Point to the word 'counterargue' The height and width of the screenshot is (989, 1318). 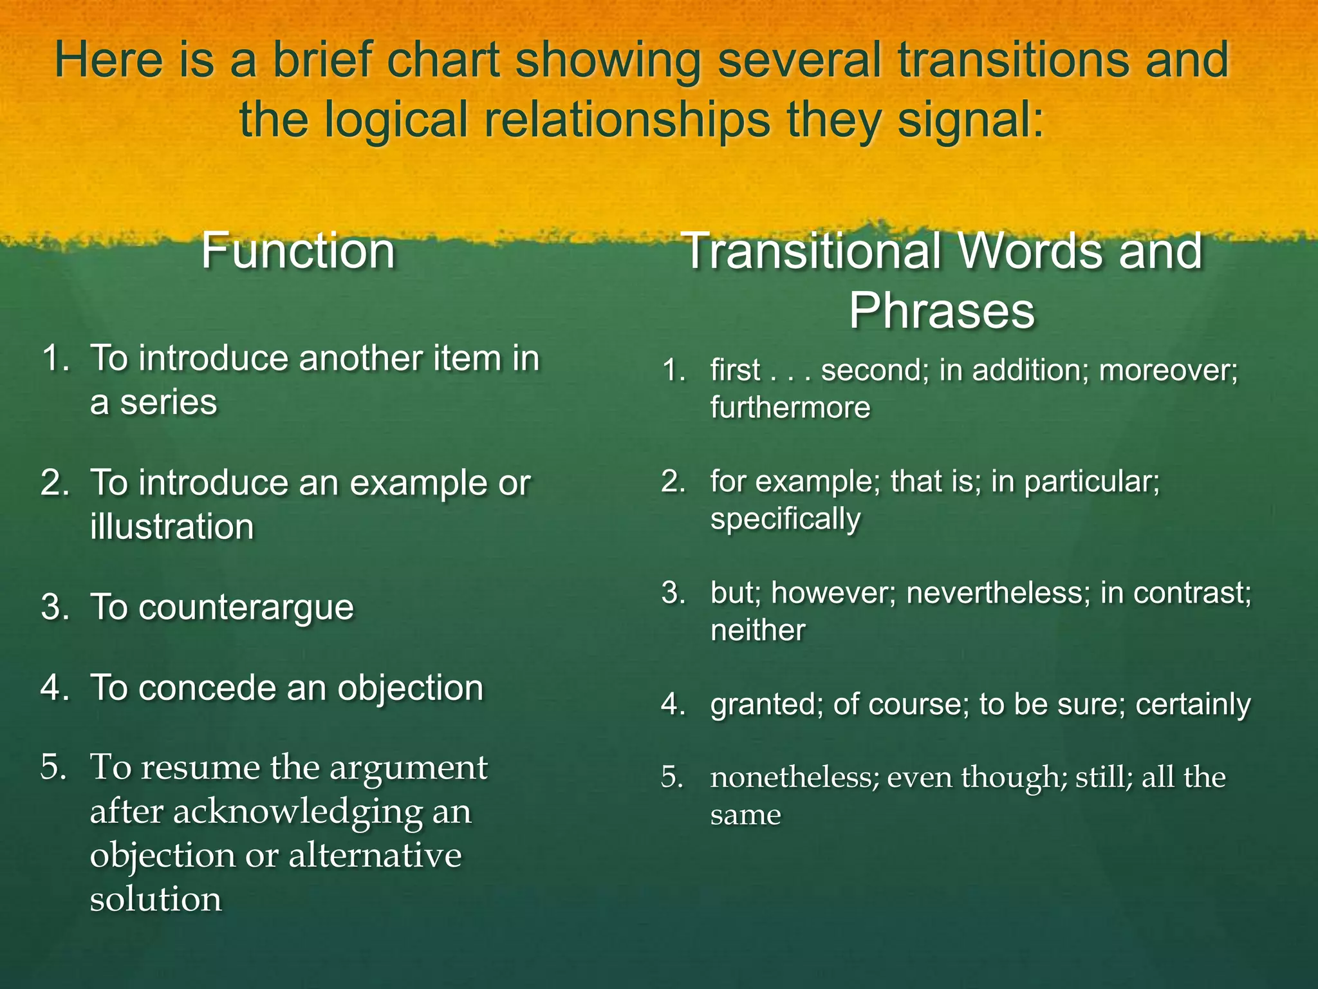246,607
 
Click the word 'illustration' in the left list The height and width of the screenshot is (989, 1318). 172,527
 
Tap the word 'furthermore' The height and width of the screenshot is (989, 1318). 790,408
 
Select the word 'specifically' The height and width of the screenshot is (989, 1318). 785,519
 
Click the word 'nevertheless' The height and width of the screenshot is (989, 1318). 995,593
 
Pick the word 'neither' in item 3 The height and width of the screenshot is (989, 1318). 757,630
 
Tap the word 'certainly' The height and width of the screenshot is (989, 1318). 1193,704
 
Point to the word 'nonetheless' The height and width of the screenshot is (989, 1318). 794,778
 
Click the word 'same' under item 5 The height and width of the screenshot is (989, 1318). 745,815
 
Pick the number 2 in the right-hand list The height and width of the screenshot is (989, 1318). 673,482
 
